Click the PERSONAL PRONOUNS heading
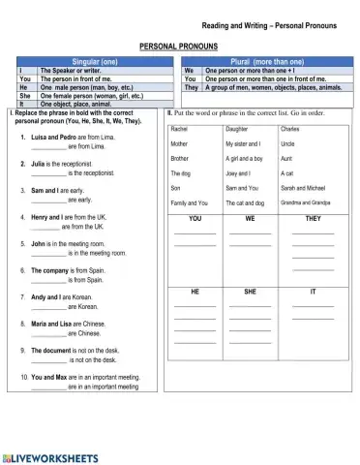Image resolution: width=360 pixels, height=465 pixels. tap(179, 46)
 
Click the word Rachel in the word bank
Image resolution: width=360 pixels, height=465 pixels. tap(180, 128)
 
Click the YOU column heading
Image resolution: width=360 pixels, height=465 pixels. tap(195, 219)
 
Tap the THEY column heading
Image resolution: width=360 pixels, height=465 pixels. tap(312, 219)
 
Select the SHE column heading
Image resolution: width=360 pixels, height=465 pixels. tap(251, 291)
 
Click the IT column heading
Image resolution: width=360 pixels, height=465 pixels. tap(312, 291)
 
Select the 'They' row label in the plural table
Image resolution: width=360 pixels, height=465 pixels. tap(191, 86)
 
